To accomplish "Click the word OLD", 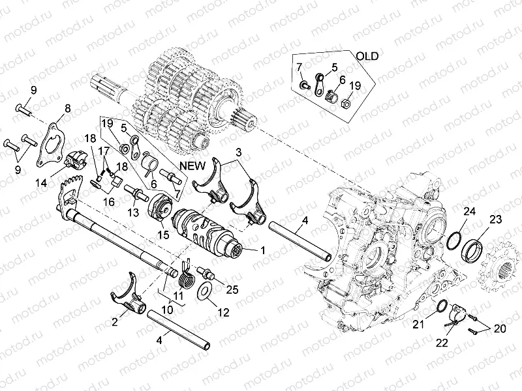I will tap(367, 55).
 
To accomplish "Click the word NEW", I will tap(194, 166).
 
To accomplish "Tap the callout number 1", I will tap(263, 250).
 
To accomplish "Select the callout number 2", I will tap(114, 321).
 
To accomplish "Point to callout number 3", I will tap(239, 151).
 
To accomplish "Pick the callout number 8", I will tap(67, 108).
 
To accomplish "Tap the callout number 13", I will tap(133, 212).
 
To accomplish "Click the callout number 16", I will tap(108, 202).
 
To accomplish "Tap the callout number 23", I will tap(496, 219).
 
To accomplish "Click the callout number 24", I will tap(470, 210).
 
